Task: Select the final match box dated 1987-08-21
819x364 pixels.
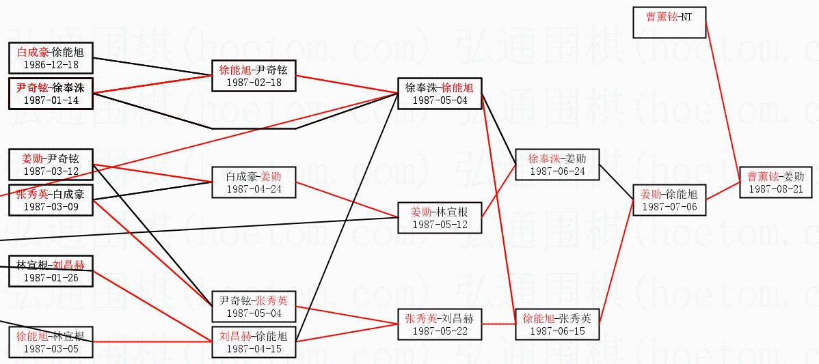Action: (x=776, y=182)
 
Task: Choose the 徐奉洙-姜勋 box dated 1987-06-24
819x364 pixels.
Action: (x=557, y=164)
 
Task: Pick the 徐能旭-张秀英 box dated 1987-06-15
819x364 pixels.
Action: (x=557, y=324)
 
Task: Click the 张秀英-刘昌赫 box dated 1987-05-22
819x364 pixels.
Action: (x=440, y=324)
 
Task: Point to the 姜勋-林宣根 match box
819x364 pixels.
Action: (x=440, y=217)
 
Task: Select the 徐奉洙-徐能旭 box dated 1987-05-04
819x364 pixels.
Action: (x=440, y=94)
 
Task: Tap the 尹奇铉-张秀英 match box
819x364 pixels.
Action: (x=254, y=307)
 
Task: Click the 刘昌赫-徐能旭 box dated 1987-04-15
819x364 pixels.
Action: (x=254, y=341)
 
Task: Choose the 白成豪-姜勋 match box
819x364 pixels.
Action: (x=254, y=182)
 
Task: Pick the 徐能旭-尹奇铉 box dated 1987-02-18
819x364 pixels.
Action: (x=254, y=75)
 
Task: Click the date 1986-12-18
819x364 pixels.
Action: (x=51, y=65)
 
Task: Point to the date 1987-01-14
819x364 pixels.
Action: (x=51, y=100)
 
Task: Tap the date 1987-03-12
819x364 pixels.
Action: (x=51, y=171)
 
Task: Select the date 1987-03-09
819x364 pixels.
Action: (x=51, y=206)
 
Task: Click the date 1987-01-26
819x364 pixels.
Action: (x=51, y=277)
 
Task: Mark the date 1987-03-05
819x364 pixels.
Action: (x=51, y=348)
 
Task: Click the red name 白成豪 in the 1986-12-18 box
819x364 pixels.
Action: (x=33, y=51)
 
